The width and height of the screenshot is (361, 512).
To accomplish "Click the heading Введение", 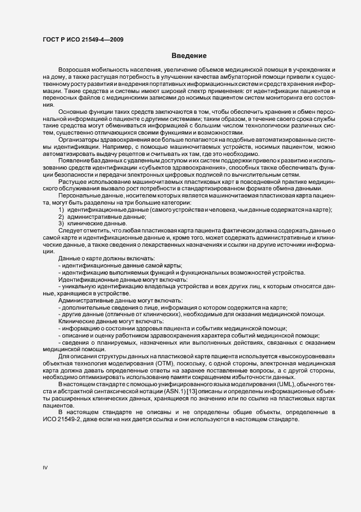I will (x=188, y=56).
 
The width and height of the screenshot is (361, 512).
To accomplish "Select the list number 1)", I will (x=62, y=211).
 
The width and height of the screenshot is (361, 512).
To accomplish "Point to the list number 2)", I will (x=62, y=217).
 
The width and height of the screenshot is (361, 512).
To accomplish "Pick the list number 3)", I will (x=62, y=224).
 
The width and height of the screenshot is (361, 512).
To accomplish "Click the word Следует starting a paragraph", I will (x=70, y=230).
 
